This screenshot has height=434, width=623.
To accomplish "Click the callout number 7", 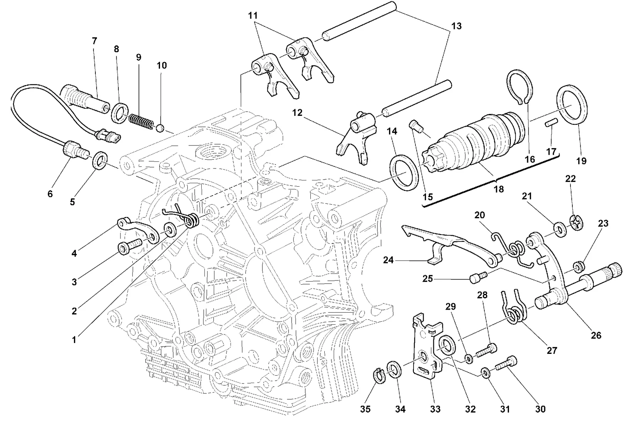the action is [94, 41].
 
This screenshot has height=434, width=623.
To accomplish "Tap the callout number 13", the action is [456, 26].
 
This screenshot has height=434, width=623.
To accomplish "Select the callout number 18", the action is [499, 189].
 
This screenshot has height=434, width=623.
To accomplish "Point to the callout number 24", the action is [388, 260].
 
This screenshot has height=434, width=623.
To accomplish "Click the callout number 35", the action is [366, 409].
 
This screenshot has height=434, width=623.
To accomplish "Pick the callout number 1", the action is [74, 340].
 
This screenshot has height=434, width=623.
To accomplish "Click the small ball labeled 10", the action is [160, 129].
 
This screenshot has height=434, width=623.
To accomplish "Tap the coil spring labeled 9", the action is [141, 121].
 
